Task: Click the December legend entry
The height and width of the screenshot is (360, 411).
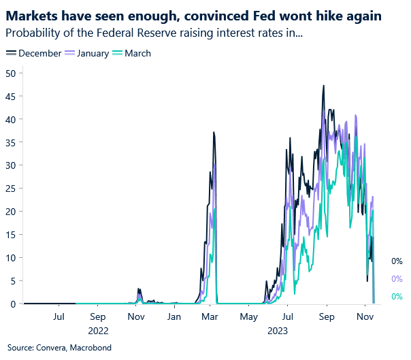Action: click(x=39, y=53)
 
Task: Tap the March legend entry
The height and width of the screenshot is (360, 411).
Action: click(x=137, y=53)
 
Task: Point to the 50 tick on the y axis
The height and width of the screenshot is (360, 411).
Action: click(x=10, y=73)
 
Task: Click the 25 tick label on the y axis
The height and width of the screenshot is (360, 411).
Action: click(x=10, y=189)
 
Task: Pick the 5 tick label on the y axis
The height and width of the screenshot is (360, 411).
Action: click(x=13, y=281)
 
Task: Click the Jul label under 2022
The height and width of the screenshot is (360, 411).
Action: click(x=59, y=317)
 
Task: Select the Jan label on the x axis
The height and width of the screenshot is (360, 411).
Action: click(x=175, y=317)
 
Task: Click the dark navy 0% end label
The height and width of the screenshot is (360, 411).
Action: click(x=397, y=261)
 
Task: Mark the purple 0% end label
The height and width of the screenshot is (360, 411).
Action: click(x=397, y=278)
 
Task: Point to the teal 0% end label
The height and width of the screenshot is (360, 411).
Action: click(x=397, y=296)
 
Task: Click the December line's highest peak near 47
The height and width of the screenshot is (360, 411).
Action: click(x=323, y=86)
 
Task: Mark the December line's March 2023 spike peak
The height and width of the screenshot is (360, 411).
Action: click(x=214, y=132)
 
